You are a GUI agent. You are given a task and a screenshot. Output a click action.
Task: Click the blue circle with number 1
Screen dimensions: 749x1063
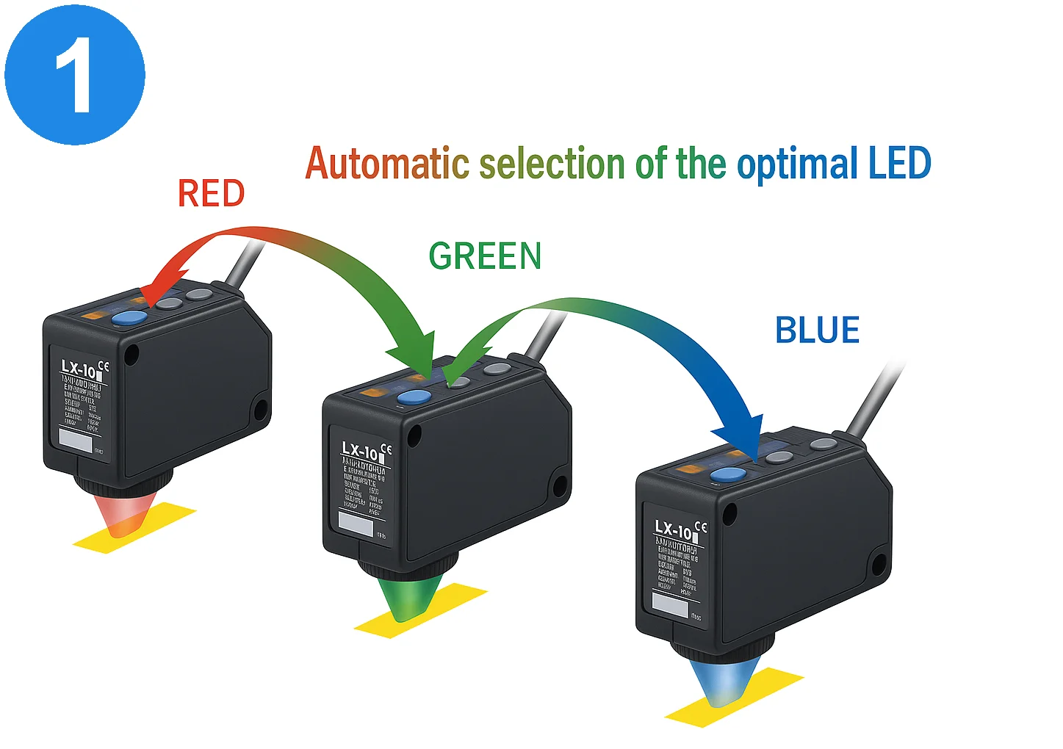pyautogui.click(x=74, y=74)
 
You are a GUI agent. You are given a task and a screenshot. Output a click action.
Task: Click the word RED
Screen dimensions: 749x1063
pyautogui.click(x=211, y=194)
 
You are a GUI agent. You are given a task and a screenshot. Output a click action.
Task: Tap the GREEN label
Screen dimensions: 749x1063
pyautogui.click(x=485, y=256)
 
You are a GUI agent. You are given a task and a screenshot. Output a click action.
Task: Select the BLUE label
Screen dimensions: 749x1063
pyautogui.click(x=817, y=330)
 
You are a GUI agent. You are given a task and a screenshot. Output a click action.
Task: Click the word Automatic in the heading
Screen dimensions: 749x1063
pyautogui.click(x=386, y=163)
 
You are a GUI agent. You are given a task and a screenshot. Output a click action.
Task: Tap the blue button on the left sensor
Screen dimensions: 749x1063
pyautogui.click(x=129, y=318)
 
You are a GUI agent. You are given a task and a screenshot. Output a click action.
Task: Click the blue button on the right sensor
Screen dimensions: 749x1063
pyautogui.click(x=727, y=474)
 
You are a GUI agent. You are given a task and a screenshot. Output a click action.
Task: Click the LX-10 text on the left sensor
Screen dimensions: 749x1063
pyautogui.click(x=79, y=368)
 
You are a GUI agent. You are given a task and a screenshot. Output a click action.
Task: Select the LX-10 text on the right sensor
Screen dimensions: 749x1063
pyautogui.click(x=673, y=529)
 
